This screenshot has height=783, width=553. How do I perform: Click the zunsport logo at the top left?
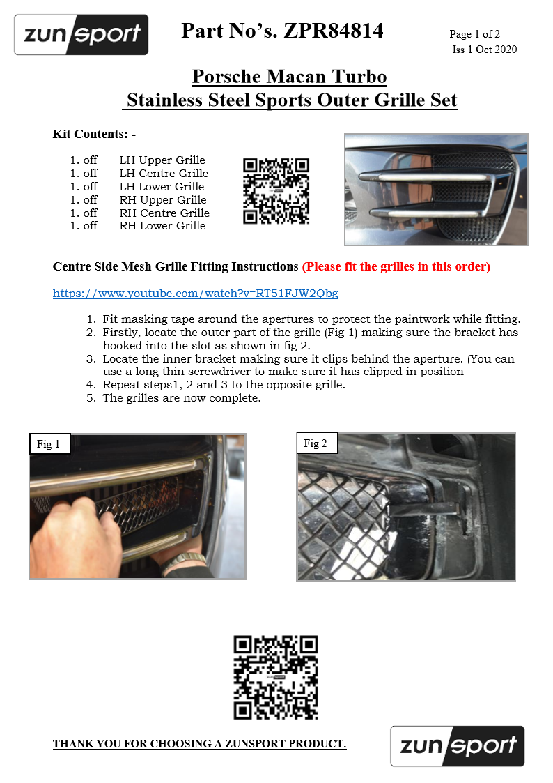tap(81, 35)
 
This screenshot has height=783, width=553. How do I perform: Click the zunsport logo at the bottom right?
tap(457, 746)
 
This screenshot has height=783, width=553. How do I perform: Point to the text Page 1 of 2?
tap(474, 33)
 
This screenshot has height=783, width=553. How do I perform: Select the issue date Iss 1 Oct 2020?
tap(484, 50)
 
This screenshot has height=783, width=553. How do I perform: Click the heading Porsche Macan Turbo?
tap(289, 76)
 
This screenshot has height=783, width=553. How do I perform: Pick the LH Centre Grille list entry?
tap(164, 173)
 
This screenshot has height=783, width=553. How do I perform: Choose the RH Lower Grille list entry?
tap(162, 225)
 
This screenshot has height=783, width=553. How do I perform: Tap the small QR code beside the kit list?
tap(276, 191)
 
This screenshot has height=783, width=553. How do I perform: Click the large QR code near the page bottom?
tap(276, 677)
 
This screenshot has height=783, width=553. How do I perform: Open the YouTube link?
tap(196, 293)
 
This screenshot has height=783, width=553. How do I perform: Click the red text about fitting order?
tap(396, 266)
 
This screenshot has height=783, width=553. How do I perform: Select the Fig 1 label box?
tap(49, 444)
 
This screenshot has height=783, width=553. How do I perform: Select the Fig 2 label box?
tap(317, 443)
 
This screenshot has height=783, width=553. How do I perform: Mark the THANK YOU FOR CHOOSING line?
tap(199, 744)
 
